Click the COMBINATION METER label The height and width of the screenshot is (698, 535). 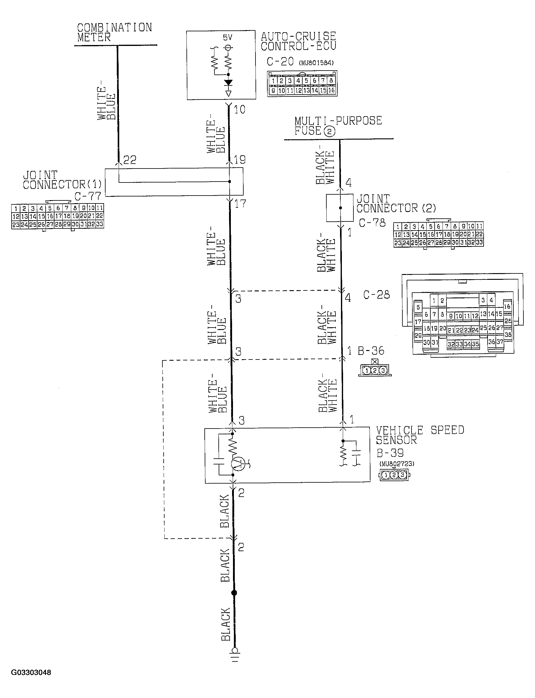[114, 32]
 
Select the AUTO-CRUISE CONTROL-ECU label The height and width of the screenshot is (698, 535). [298, 41]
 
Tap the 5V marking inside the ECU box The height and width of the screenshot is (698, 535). [228, 38]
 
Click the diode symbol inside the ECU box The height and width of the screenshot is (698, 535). [228, 83]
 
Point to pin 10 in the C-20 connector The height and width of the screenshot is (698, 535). [282, 90]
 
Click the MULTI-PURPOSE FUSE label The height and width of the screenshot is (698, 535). [338, 126]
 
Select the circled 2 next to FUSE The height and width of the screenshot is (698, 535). [329, 131]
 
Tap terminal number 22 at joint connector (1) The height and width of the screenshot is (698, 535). [130, 160]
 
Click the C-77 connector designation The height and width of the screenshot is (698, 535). [88, 196]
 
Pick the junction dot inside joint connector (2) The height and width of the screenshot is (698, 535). [340, 208]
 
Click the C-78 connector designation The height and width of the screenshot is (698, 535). [372, 223]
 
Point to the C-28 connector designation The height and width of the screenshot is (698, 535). [377, 295]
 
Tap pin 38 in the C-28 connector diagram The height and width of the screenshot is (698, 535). [508, 335]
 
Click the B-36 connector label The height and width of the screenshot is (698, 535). [371, 351]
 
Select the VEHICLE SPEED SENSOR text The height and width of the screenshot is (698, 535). [419, 435]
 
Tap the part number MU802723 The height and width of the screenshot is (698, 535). [397, 464]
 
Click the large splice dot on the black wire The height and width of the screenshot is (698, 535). [234, 593]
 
